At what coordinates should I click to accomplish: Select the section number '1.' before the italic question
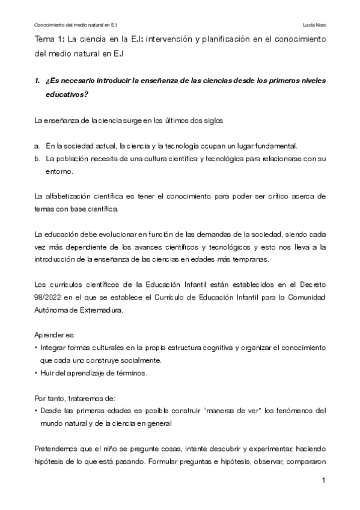(37, 81)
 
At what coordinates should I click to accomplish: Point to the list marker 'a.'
(37, 146)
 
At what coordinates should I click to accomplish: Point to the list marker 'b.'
(37, 159)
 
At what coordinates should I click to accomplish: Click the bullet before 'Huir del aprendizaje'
(37, 373)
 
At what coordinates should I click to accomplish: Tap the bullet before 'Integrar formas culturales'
(37, 348)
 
